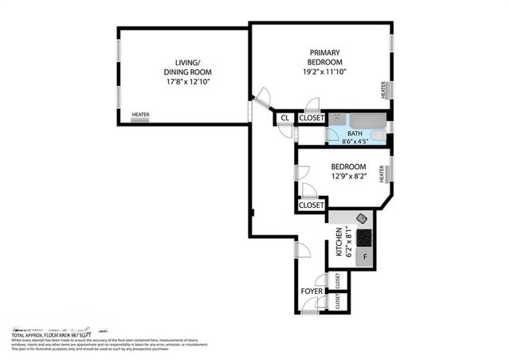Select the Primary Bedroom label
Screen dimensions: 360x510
[325, 57]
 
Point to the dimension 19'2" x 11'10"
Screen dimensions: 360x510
[325, 72]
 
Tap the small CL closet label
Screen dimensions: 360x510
[284, 118]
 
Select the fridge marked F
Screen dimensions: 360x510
[366, 257]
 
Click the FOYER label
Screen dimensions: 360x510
[312, 292]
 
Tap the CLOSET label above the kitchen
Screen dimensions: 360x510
[311, 205]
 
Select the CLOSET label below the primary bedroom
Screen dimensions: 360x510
[311, 118]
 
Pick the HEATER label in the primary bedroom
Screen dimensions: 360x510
[383, 90]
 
